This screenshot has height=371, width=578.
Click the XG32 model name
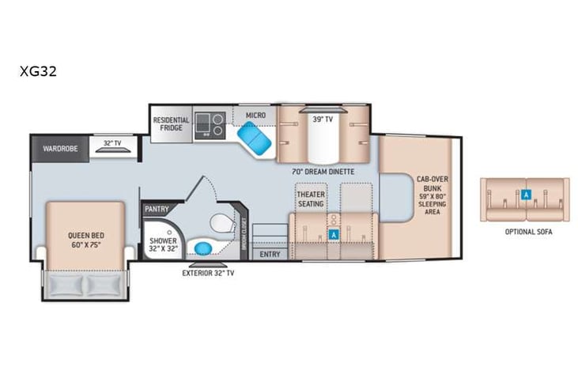tap(38, 70)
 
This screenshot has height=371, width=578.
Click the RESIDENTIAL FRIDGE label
tap(171, 125)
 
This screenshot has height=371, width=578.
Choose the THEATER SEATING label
tap(311, 199)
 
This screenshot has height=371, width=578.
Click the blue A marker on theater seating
tap(334, 234)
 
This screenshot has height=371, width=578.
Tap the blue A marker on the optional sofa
tap(527, 193)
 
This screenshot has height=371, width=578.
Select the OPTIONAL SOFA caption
tap(527, 232)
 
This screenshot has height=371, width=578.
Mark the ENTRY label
tap(270, 254)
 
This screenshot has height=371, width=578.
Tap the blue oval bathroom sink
tap(204, 248)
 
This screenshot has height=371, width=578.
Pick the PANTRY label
tap(157, 210)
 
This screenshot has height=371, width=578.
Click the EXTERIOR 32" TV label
tap(207, 273)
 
